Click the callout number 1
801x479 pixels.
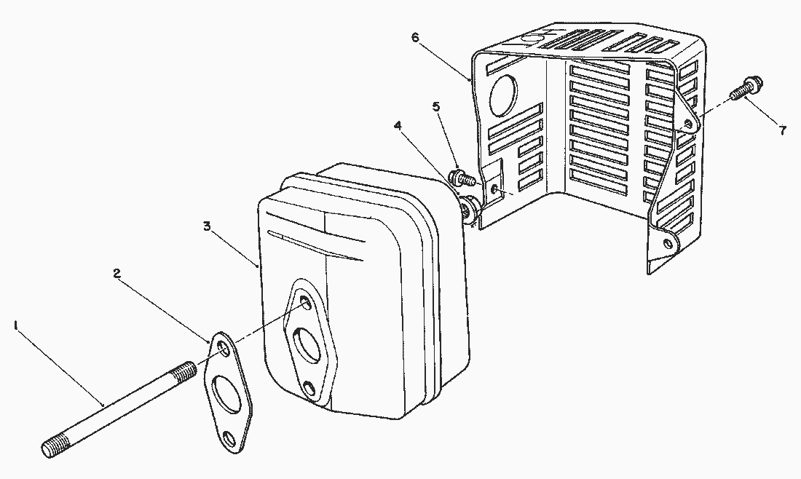pos(16,325)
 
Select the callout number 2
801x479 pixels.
pos(117,274)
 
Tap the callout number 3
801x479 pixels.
pos(207,226)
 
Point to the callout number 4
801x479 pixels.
pos(398,125)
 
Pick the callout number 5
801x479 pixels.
pos(435,107)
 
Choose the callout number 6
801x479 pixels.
pos(415,37)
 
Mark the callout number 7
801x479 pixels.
pos(783,131)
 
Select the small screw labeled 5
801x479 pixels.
pos(462,178)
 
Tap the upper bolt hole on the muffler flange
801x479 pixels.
pos(305,302)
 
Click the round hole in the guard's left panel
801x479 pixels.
pos(504,95)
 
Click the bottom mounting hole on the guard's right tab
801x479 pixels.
pos(666,242)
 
